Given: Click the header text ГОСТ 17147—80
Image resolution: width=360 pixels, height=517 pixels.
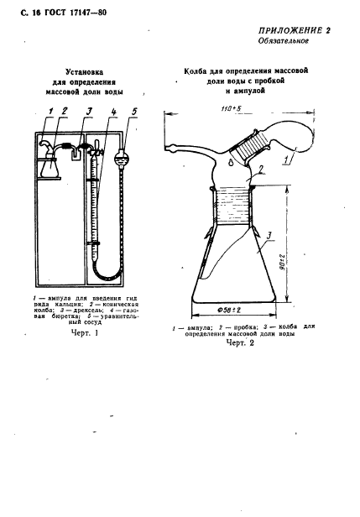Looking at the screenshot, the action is (76, 13).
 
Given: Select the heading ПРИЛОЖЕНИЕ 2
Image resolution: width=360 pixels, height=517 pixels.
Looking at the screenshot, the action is (294, 31).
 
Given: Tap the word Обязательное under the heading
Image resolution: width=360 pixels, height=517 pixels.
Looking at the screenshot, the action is (284, 41).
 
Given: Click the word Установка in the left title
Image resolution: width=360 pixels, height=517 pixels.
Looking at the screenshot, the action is (84, 72).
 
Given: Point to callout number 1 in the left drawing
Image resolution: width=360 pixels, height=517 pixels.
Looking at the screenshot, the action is (50, 111).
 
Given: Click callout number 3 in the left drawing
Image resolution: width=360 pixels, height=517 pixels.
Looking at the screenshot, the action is (89, 112).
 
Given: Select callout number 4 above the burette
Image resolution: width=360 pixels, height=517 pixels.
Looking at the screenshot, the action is (113, 112).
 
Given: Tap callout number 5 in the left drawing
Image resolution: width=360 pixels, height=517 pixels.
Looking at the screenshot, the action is (134, 112).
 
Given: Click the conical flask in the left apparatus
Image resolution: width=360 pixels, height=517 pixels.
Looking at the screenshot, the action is (50, 166).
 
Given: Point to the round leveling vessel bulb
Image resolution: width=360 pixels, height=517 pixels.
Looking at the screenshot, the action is (121, 157).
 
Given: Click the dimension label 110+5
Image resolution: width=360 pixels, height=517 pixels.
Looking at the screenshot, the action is (232, 109).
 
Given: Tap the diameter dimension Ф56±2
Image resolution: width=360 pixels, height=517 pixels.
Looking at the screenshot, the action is (229, 310).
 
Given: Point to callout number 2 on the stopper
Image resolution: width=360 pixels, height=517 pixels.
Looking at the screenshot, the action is (260, 170).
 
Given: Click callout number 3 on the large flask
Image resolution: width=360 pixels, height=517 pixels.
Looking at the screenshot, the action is (269, 236).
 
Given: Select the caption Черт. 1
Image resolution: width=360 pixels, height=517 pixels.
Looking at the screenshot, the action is (85, 333).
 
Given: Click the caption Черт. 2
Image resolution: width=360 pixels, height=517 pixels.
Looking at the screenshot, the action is (240, 343).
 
